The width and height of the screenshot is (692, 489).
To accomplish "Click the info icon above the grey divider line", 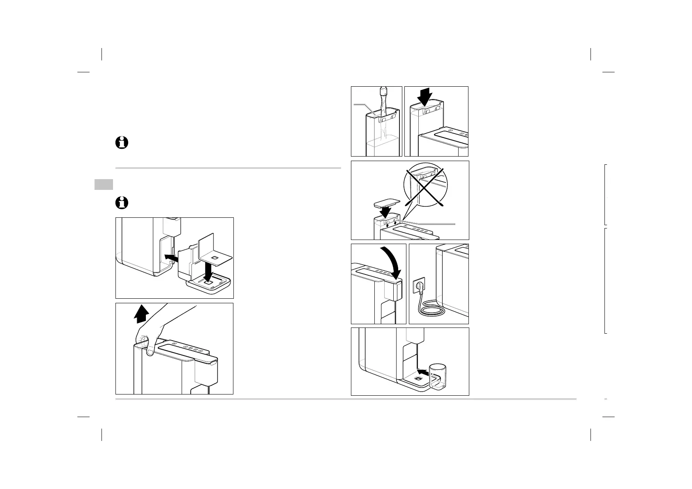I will pyautogui.click(x=122, y=143).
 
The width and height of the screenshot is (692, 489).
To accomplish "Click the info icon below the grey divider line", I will pyautogui.click(x=122, y=203).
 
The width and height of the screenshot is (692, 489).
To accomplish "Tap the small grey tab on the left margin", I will pyautogui.click(x=104, y=185).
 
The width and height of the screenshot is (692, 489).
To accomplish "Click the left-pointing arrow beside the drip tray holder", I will pyautogui.click(x=171, y=257).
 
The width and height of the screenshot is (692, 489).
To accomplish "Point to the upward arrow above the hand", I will pyautogui.click(x=141, y=314).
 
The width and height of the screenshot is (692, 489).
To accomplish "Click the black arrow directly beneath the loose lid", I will pyautogui.click(x=386, y=212).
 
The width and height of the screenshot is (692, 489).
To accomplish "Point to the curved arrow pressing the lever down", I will pyautogui.click(x=390, y=263).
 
